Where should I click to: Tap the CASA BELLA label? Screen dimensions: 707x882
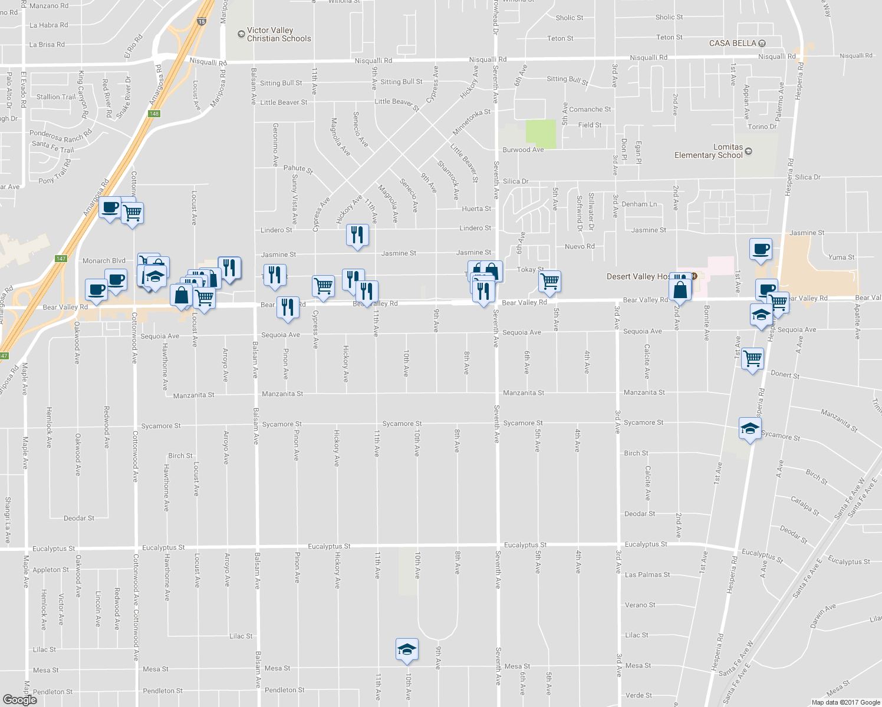pos(732,43)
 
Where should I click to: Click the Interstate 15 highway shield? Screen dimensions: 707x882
pos(202,22)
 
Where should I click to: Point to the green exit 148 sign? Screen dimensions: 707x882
pos(154,114)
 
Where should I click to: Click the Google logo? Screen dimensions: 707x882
pos(19,700)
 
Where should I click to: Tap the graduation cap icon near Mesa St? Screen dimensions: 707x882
pos(407,649)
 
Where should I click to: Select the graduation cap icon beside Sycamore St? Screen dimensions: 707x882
pos(749,428)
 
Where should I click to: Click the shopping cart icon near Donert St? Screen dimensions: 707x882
pos(753,358)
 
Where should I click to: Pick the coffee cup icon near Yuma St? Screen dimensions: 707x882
pos(761,248)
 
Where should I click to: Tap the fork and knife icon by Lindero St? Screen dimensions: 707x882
pos(357,235)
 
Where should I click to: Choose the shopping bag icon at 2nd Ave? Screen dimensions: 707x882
pos(680,290)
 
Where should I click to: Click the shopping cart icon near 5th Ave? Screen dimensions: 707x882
pos(549,282)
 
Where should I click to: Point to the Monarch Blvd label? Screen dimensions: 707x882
pos(104,261)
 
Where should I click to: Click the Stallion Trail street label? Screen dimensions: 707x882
pos(56,97)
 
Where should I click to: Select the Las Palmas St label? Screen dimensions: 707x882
pos(647,574)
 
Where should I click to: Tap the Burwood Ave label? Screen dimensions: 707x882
pos(523,150)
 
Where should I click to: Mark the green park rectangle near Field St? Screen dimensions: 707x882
pos(541,134)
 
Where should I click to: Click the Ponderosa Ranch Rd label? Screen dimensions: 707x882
pos(61,136)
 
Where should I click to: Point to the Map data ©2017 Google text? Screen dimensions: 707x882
pos(845,702)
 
